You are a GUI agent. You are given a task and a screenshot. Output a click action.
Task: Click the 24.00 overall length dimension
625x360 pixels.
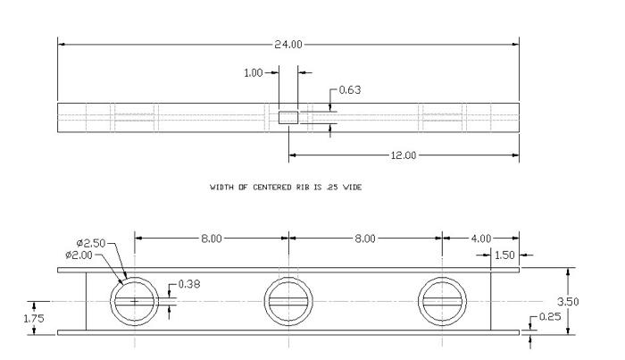[x=288, y=43]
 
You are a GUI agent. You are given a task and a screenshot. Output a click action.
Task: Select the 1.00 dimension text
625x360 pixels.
[x=254, y=72]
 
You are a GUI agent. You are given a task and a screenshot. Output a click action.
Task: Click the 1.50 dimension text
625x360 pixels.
[x=505, y=255]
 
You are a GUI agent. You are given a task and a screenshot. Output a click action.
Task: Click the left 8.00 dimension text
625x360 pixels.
[x=212, y=239]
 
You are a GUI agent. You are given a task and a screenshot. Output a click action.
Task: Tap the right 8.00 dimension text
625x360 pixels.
[x=365, y=239]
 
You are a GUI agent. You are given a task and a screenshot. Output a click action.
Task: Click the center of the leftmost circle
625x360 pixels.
[x=135, y=301]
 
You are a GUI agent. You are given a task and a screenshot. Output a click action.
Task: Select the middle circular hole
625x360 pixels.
[x=288, y=301]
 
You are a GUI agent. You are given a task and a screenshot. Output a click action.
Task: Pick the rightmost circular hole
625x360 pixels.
[x=442, y=301]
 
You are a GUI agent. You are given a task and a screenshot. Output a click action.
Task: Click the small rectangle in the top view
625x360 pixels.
[x=288, y=117]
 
